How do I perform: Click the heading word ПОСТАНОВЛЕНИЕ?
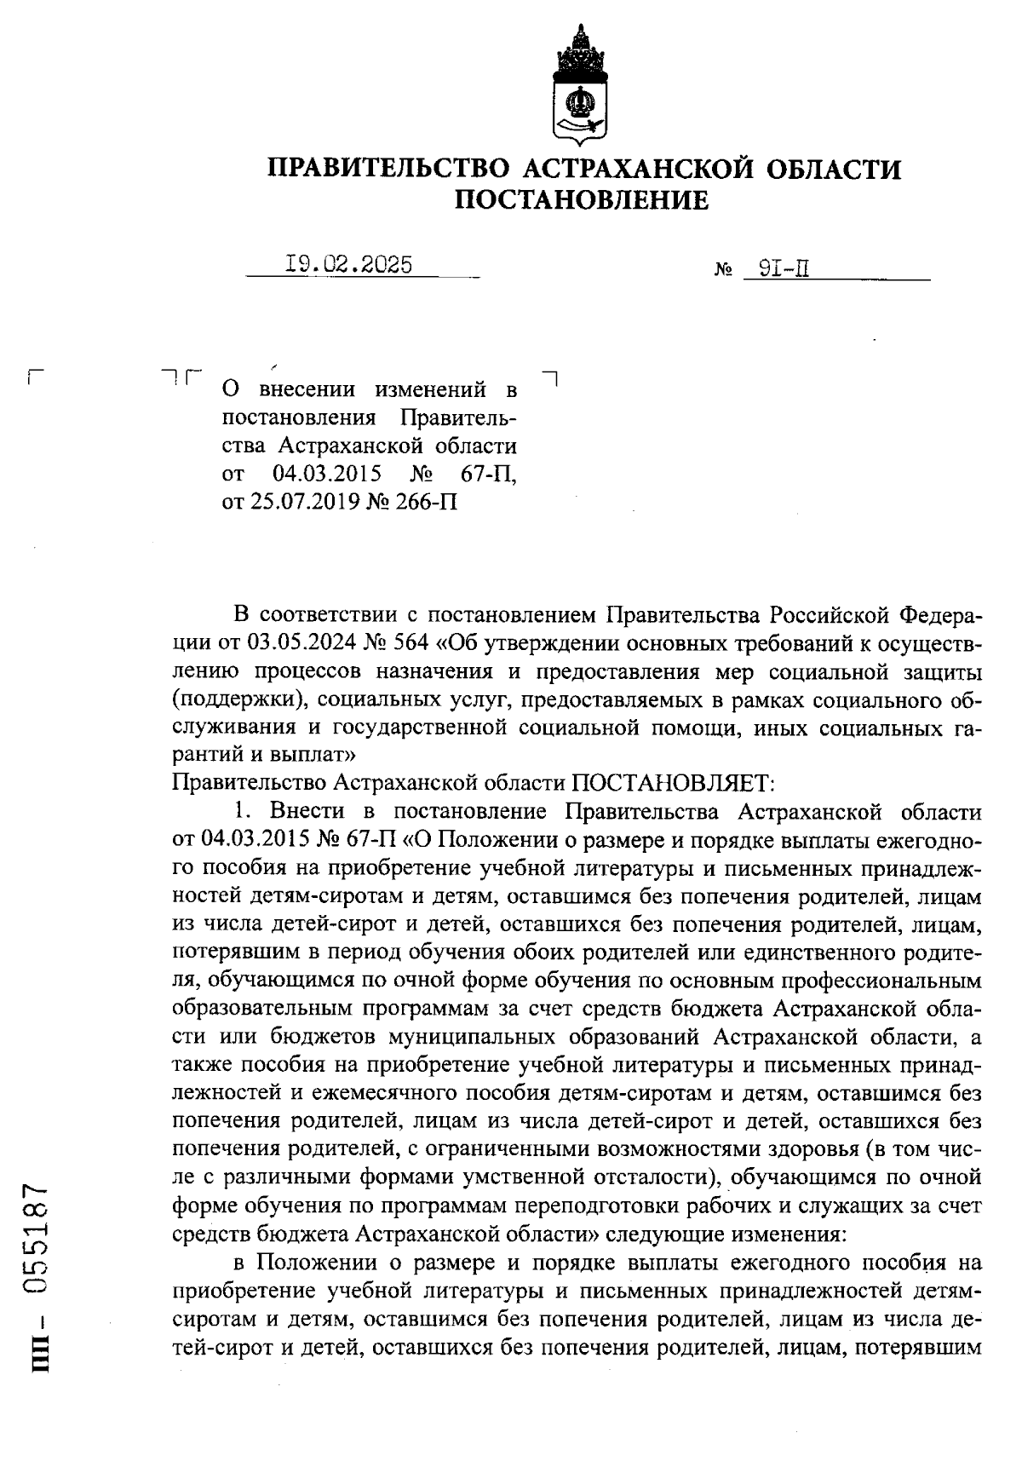[581, 200]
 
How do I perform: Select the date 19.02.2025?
[348, 265]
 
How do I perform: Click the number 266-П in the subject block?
[425, 502]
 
